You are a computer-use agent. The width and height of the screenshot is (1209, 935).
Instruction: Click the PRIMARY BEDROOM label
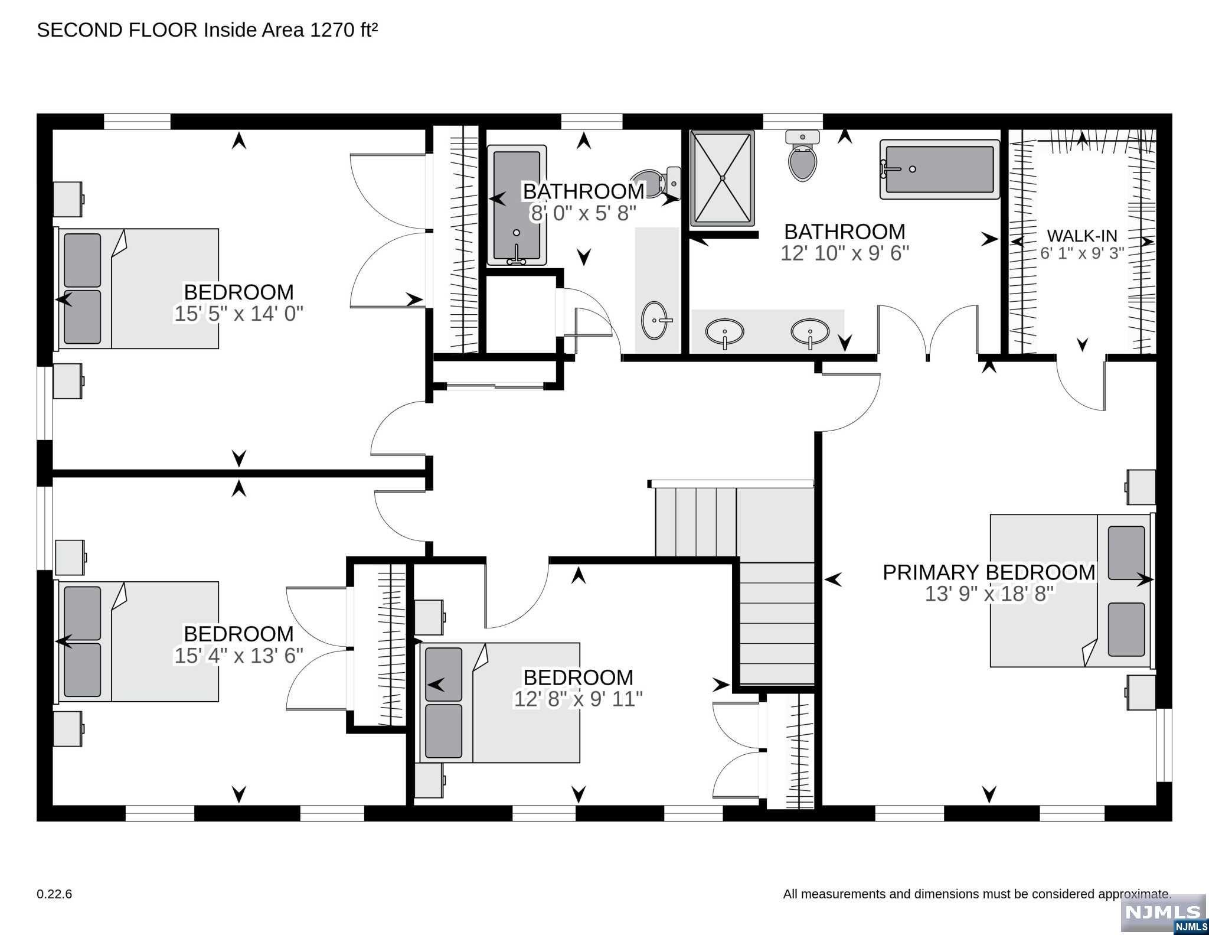coord(989,572)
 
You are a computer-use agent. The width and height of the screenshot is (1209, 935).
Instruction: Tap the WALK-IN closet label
coord(1082,236)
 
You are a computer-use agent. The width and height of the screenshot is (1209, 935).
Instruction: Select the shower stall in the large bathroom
coord(723,178)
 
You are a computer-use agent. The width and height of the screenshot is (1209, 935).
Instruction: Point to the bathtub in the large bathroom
coord(940,170)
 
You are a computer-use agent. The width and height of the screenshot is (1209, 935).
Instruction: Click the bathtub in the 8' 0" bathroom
coord(517,205)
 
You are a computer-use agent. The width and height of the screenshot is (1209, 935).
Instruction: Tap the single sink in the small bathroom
coord(655,321)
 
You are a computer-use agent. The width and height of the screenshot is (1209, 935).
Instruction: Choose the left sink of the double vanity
coord(724,332)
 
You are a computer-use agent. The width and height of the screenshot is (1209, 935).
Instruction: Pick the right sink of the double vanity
coord(811,332)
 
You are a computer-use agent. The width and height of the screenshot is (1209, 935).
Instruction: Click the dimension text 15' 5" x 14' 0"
coord(238,314)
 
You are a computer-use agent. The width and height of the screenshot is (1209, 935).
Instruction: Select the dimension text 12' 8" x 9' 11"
coord(578,699)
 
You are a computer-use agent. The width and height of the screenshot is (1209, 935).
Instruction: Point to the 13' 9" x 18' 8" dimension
coord(989,594)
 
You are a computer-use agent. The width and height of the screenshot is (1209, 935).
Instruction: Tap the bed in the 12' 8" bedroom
coord(499,703)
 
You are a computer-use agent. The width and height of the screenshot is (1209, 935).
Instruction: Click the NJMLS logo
coord(1164,913)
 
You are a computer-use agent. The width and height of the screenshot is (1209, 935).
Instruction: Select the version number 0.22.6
coord(54,894)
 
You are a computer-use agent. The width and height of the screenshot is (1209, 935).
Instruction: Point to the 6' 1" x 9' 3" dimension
coord(1082,253)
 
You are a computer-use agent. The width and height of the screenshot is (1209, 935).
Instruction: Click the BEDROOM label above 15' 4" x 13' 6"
coord(238,634)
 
